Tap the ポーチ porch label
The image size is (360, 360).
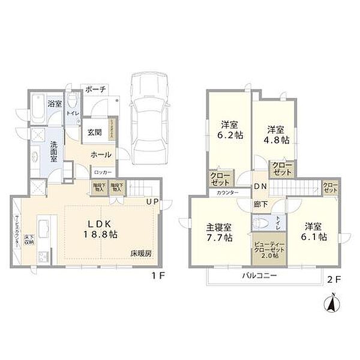(x=95, y=89)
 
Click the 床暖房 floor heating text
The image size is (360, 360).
(x=141, y=253)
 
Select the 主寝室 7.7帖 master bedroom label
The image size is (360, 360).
(x=219, y=233)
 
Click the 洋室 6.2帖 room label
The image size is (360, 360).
(x=230, y=131)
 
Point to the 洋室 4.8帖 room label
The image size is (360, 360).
(x=276, y=134)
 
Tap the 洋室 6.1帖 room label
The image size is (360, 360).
(x=315, y=232)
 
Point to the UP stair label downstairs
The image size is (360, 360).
(x=152, y=202)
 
